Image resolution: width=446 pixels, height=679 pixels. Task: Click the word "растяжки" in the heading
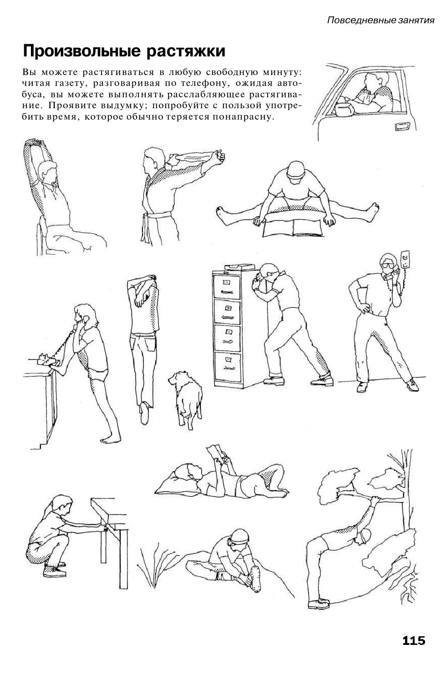tap(186, 51)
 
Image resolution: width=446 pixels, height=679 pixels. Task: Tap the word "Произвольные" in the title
tap(82, 51)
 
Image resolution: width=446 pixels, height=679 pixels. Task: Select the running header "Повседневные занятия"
tap(381, 20)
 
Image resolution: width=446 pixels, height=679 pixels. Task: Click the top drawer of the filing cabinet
tap(227, 287)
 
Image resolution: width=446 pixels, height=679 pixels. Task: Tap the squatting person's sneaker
tap(55, 571)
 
